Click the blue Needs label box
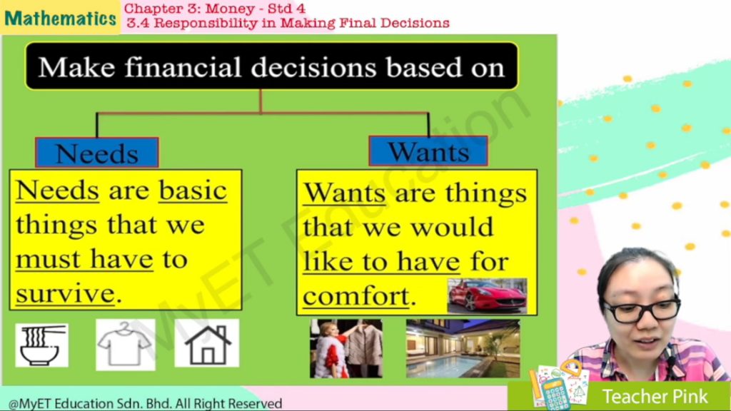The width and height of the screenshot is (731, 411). [x=97, y=153]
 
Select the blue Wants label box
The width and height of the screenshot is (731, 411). [x=428, y=151]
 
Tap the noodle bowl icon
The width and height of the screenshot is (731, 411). [x=42, y=345]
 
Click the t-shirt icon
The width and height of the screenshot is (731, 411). [x=126, y=345]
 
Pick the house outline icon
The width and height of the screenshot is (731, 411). [x=207, y=343]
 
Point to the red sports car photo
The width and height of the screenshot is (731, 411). [x=487, y=296]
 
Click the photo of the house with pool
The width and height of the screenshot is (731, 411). [x=463, y=348]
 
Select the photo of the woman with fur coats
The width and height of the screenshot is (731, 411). [x=346, y=348]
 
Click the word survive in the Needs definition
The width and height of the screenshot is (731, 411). [x=65, y=293]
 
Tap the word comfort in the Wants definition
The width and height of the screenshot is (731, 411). [x=356, y=296]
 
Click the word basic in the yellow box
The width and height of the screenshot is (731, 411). [x=193, y=191]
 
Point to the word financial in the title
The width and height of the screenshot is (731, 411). [x=183, y=67]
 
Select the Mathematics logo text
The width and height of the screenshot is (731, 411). [x=60, y=18]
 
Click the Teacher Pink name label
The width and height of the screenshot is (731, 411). [x=655, y=397]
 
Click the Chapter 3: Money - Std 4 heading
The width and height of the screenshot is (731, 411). [x=214, y=9]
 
